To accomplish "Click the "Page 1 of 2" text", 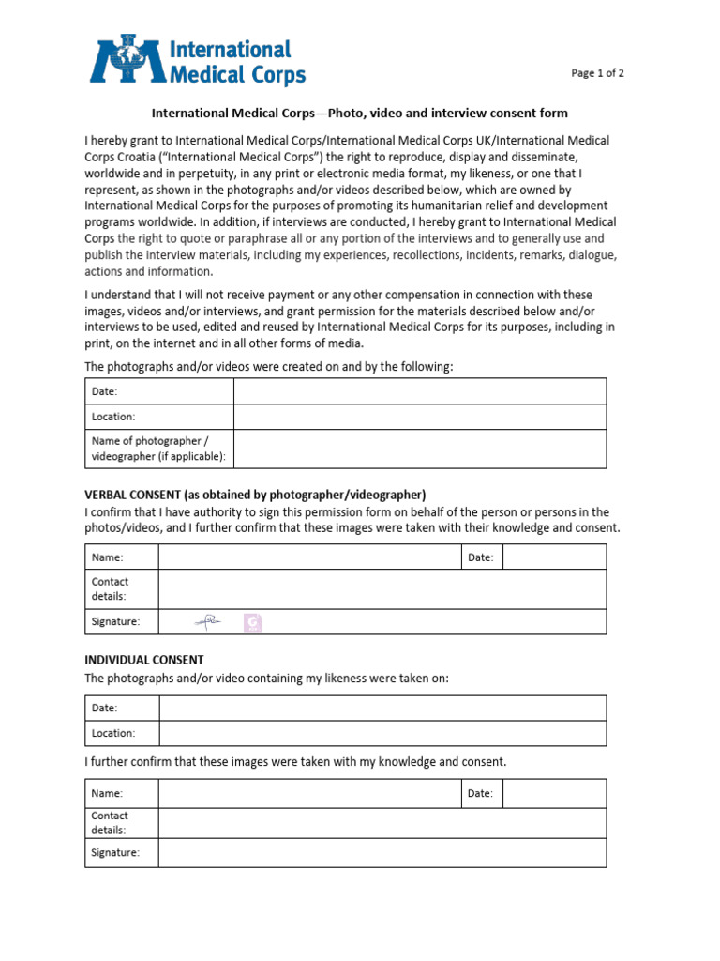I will tap(598, 74).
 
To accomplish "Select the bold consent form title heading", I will tap(360, 114).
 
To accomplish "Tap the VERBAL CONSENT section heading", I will tap(255, 495).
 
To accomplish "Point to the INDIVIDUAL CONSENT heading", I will tap(144, 660).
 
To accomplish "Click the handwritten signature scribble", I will tap(207, 621).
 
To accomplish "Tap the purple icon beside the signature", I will tap(252, 622).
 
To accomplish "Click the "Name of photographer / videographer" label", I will tap(157, 449).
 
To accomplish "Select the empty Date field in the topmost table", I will tap(419, 391).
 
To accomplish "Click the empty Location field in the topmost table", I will tap(419, 417).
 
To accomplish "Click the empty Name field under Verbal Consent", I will tap(309, 557).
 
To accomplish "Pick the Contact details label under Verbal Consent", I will tap(111, 588).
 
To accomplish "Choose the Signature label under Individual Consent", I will tap(115, 852).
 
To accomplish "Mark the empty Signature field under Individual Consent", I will tap(382, 852).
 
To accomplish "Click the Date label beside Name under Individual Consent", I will tap(480, 793).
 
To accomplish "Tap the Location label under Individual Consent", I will tap(113, 733).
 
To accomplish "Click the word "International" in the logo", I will tap(231, 50).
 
